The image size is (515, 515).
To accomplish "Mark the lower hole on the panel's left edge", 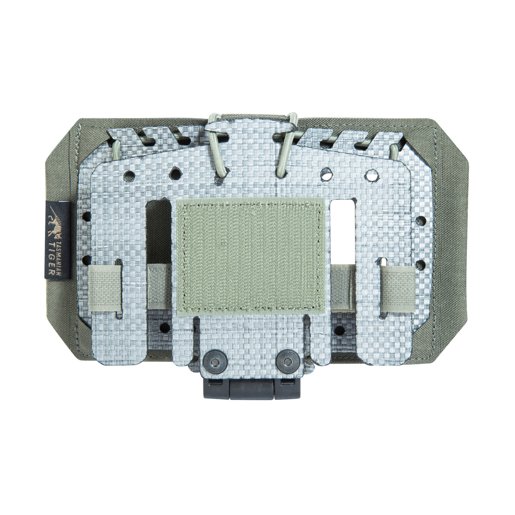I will pyautogui.click(x=85, y=260).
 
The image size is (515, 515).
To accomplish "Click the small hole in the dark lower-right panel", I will pyautogui.click(x=340, y=330).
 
